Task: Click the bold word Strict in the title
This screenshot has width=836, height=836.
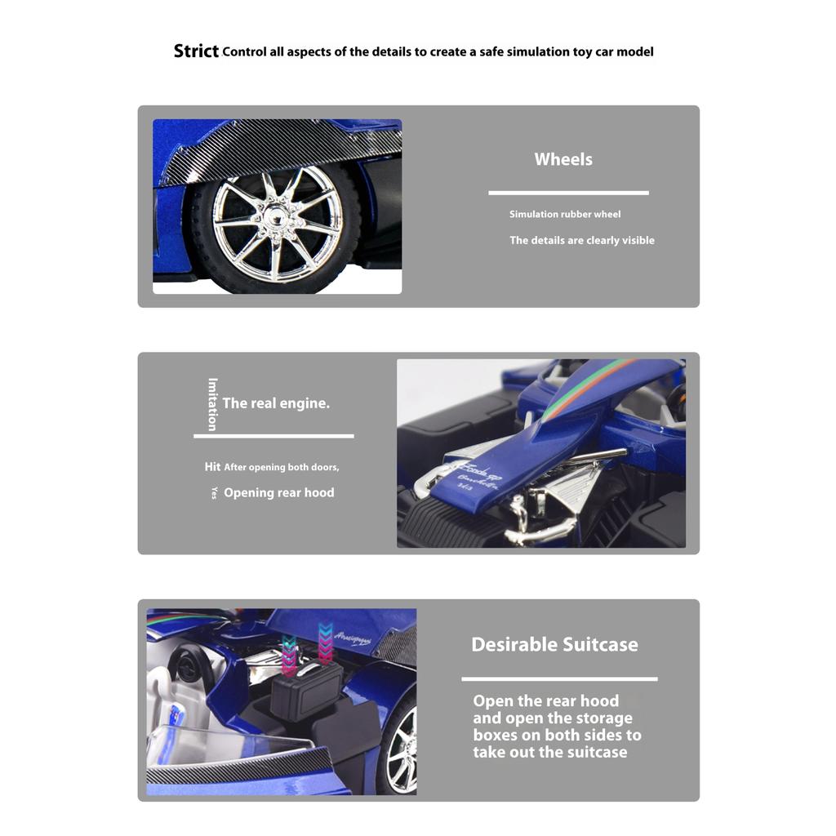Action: pos(196,51)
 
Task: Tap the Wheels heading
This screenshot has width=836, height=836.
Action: pos(563,159)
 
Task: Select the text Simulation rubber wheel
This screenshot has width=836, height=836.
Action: pos(565,214)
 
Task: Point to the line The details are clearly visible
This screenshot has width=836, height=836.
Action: pos(582,240)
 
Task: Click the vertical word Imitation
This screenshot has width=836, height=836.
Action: pos(212,404)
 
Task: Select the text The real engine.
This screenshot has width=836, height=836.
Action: pos(276,402)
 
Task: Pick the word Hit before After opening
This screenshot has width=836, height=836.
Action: pos(212,467)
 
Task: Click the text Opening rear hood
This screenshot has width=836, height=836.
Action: pos(278,492)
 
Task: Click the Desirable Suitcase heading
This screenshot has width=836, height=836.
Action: pos(554,644)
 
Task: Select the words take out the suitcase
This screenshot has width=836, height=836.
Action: pos(549,752)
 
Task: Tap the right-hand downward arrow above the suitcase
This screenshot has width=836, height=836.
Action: pos(326,641)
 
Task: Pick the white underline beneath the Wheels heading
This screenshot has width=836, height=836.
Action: pos(568,193)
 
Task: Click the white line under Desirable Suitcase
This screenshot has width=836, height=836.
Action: pos(559,678)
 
